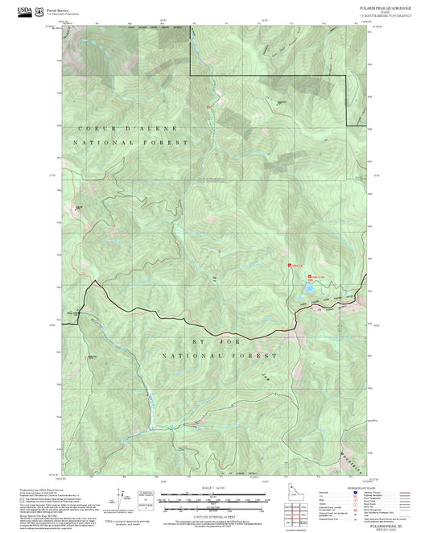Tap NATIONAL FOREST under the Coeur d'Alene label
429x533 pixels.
[131, 142]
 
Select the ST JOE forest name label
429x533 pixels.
[207, 343]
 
